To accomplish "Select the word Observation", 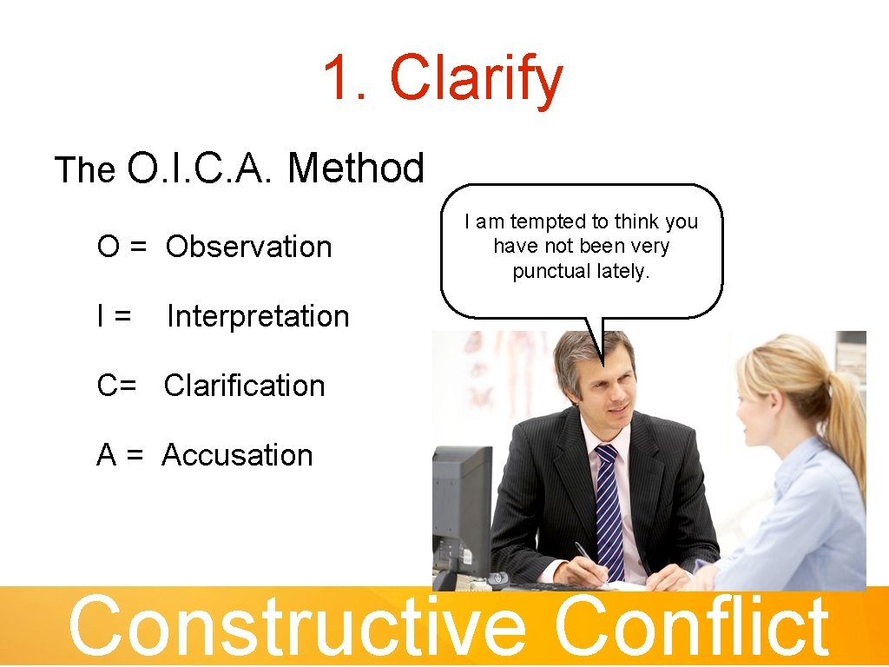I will [248, 248].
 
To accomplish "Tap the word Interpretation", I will [258, 317].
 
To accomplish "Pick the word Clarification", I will [244, 386].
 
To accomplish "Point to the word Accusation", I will [237, 455].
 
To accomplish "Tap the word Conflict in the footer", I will [691, 627].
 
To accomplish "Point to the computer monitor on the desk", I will [461, 504].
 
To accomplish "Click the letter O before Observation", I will [109, 248].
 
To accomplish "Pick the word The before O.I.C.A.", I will [85, 171].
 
